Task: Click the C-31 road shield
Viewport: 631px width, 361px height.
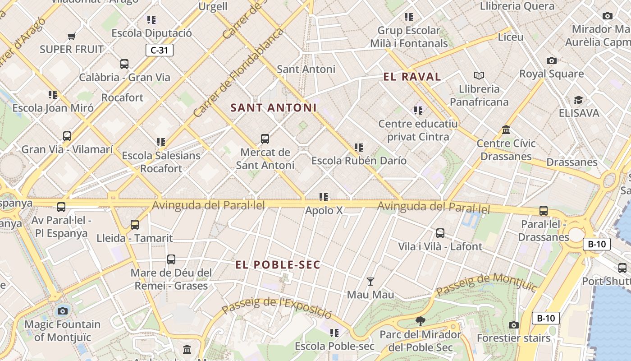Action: click(159, 50)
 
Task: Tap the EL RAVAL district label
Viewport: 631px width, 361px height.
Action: click(412, 77)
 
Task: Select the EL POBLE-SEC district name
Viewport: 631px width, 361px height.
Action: click(278, 265)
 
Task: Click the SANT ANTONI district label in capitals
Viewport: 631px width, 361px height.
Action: click(273, 108)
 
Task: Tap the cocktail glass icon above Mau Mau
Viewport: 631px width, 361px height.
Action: click(370, 282)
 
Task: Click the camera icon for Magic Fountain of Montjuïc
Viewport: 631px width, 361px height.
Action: click(63, 311)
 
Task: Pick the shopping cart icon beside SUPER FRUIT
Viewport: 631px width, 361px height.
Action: click(71, 36)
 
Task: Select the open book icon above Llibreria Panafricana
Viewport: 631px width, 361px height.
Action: click(479, 75)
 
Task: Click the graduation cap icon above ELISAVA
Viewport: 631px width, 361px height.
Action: click(578, 100)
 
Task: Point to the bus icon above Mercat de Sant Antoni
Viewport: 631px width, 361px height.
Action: click(265, 139)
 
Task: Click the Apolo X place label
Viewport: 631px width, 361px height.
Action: click(324, 210)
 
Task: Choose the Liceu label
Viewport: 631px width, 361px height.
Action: click(510, 37)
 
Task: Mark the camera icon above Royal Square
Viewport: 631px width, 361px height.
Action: click(551, 60)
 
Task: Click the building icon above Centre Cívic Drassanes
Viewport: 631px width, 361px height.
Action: click(506, 130)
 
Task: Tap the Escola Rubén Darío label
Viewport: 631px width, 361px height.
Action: click(359, 161)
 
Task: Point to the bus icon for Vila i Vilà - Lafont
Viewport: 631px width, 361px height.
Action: click(440, 233)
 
